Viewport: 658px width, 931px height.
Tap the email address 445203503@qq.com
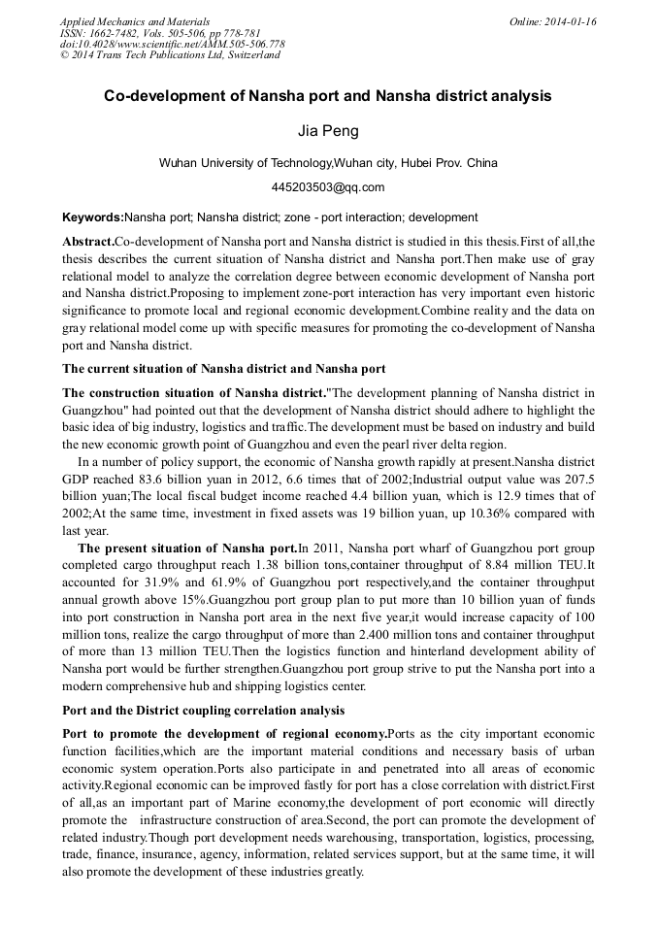pyautogui.click(x=328, y=187)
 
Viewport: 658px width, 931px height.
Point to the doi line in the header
pyautogui.click(x=172, y=44)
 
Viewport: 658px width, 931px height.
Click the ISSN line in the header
pyautogui.click(x=155, y=33)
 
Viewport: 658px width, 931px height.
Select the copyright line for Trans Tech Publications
pyautogui.click(x=170, y=55)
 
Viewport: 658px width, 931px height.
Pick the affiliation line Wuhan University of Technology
pyautogui.click(x=328, y=163)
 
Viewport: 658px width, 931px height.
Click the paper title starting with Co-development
pyautogui.click(x=328, y=97)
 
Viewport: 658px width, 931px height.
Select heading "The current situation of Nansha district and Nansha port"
pyautogui.click(x=224, y=369)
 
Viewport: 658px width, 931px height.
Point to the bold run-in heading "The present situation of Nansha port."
pyautogui.click(x=187, y=549)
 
